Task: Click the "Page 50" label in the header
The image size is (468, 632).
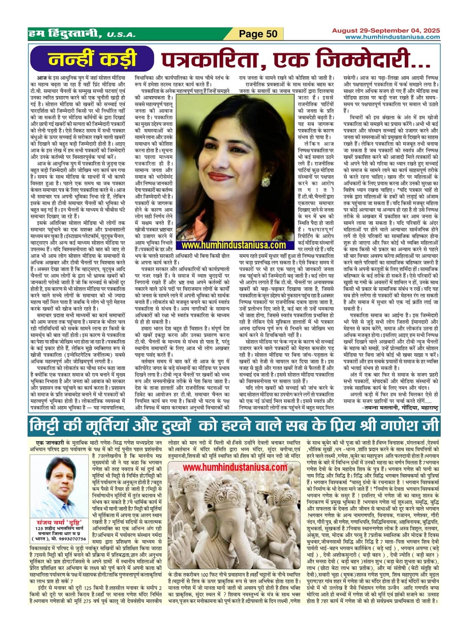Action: pos(259,33)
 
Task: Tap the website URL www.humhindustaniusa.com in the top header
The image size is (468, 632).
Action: pos(392,37)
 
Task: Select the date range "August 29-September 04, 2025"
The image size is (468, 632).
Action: pos(386,31)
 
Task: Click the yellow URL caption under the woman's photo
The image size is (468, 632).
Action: pos(233,245)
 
